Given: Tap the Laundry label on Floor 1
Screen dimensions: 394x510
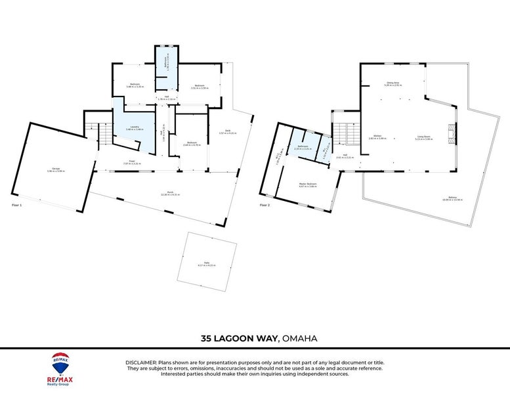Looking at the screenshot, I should (134, 127).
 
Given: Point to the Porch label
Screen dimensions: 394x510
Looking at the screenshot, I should (170, 192).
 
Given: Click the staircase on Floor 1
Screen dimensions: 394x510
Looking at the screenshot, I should (101, 134).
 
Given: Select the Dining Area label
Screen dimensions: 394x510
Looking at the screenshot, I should (393, 83).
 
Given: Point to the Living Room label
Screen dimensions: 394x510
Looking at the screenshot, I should (423, 137).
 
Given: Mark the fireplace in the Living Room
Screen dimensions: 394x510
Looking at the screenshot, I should (450, 133).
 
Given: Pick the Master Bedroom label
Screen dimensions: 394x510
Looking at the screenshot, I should (308, 185).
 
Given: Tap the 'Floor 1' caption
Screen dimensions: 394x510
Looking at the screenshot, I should (17, 206).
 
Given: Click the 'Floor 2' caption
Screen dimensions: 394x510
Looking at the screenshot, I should (265, 206).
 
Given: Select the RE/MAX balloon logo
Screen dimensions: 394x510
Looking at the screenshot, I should (60, 361).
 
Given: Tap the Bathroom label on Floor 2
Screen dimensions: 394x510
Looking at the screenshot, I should (303, 146).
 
